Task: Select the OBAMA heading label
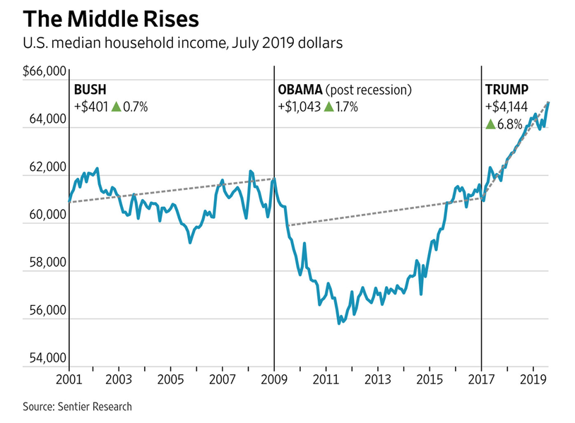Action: pos(300,90)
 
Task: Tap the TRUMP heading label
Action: pos(506,90)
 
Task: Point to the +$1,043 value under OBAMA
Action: pos(299,107)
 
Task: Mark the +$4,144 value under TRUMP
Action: pos(505,107)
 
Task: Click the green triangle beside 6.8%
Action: pos(490,124)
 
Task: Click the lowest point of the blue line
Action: pos(340,323)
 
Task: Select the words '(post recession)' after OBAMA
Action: pos(368,90)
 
